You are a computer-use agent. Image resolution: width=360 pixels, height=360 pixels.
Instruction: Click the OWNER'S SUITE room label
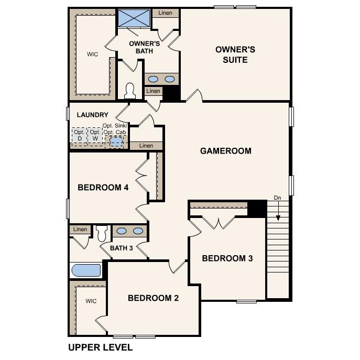click(x=235, y=54)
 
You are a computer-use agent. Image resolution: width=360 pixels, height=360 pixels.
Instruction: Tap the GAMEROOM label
click(x=225, y=151)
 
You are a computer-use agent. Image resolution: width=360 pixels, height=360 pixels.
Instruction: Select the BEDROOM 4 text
click(x=103, y=188)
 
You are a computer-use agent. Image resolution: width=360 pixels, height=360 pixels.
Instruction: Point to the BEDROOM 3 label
click(x=227, y=258)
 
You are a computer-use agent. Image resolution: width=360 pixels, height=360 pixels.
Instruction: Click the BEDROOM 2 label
click(x=154, y=298)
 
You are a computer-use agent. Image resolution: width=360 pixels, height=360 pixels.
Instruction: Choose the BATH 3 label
click(x=121, y=248)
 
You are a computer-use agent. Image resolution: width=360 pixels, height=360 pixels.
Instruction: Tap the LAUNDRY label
click(x=93, y=115)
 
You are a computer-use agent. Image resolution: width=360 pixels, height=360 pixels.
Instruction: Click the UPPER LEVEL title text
click(x=101, y=347)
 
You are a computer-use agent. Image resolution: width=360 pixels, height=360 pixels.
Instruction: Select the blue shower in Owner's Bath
click(x=134, y=18)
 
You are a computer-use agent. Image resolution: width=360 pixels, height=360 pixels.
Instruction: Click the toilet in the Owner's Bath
click(x=130, y=91)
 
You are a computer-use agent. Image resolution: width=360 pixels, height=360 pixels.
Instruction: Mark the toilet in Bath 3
click(x=102, y=232)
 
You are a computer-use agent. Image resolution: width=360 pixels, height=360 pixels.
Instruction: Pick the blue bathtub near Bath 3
click(x=86, y=270)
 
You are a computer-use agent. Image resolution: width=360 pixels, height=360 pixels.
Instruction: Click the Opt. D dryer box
click(x=79, y=135)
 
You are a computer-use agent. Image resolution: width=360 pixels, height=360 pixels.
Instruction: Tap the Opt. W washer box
click(x=95, y=135)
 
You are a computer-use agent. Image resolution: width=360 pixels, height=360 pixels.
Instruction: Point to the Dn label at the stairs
click(x=277, y=198)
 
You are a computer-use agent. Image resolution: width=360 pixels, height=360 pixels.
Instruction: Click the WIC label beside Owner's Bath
click(x=92, y=54)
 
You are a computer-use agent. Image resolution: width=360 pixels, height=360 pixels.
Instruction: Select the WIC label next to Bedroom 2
click(x=91, y=301)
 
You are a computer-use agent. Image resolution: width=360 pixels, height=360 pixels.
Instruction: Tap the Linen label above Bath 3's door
click(x=80, y=229)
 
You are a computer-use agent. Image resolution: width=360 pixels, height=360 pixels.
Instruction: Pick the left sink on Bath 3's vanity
click(x=121, y=231)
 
